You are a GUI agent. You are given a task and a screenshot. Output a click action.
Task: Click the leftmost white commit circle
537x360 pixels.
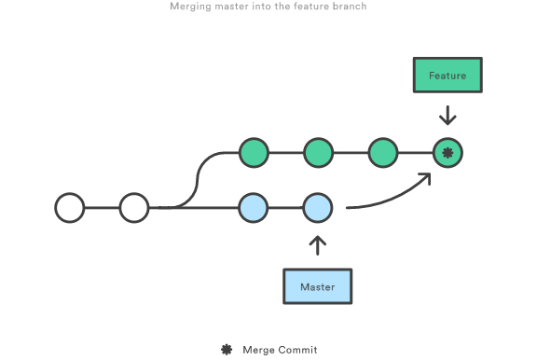tap(70, 207)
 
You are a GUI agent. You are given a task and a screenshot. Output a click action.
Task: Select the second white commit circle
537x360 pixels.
tap(134, 207)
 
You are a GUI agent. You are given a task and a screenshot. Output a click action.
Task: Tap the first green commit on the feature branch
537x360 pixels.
tap(254, 152)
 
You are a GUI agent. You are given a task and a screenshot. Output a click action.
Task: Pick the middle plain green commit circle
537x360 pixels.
tap(318, 152)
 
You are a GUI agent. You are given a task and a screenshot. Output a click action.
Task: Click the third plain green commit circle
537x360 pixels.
tap(382, 152)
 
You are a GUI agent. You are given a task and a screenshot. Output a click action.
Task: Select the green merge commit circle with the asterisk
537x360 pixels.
tap(447, 152)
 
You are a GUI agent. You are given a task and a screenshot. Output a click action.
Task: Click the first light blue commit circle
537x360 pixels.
tap(254, 207)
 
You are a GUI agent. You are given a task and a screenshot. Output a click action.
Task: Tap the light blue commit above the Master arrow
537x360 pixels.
tap(318, 207)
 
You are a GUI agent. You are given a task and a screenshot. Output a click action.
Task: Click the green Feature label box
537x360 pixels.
tap(447, 76)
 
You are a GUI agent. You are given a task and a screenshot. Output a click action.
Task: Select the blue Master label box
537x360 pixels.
tap(318, 286)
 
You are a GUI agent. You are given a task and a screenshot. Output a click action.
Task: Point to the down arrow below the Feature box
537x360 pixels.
tap(447, 116)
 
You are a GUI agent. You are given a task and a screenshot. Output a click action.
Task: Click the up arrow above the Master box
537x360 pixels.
tap(318, 245)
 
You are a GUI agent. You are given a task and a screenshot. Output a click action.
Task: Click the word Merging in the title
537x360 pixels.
tap(191, 7)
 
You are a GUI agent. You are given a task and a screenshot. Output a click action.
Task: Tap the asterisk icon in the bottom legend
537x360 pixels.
tap(226, 350)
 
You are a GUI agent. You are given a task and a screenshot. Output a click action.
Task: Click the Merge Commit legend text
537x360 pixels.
tap(280, 350)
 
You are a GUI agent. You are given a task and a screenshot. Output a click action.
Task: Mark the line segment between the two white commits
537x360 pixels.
tap(103, 207)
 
